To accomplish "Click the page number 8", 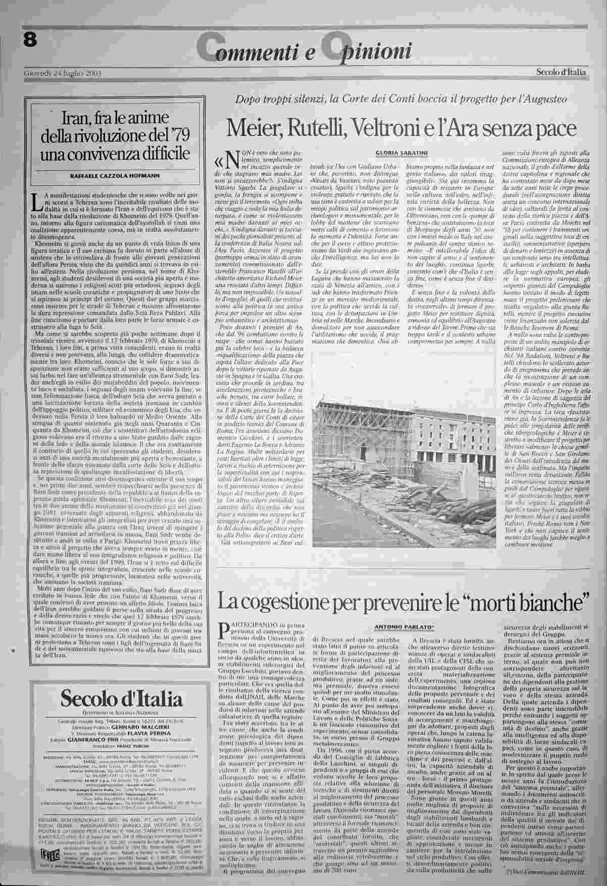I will pos(31,41).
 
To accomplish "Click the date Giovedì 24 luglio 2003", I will pos(63,74).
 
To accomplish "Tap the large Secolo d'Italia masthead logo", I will pos(121,700).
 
